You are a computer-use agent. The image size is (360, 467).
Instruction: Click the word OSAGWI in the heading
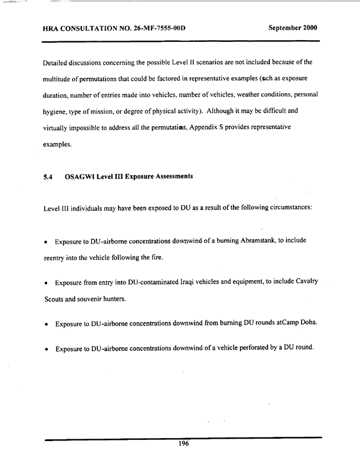(x=84, y=175)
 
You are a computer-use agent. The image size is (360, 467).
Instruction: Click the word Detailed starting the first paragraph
(x=56, y=61)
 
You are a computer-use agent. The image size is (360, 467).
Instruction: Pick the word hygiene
(x=56, y=110)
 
